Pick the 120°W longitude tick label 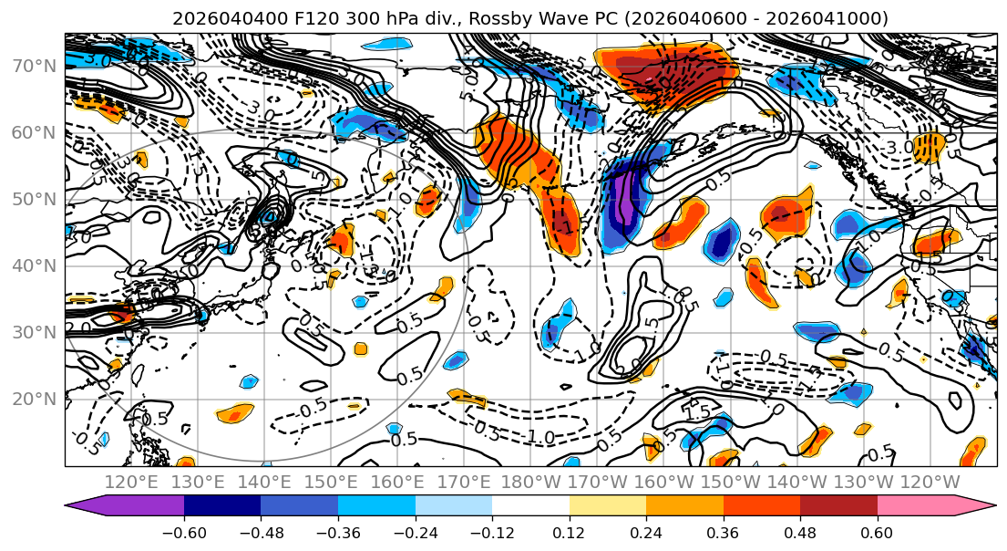pyautogui.click(x=930, y=482)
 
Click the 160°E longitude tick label pyautogui.click(x=397, y=482)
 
